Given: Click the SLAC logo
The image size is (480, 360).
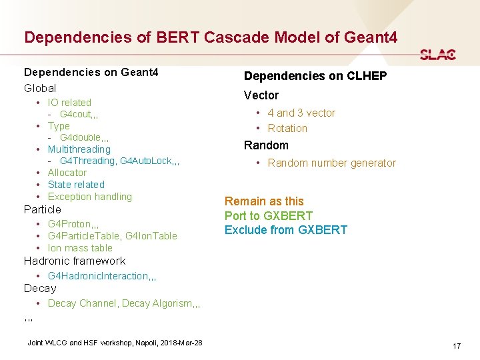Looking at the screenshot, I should point(438,55).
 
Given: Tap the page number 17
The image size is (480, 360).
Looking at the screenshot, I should point(457,346).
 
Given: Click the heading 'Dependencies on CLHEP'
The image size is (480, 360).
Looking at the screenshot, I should point(315,76).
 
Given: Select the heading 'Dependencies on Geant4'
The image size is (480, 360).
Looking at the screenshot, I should point(91,71).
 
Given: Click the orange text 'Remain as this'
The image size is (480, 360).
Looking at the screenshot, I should point(264,201).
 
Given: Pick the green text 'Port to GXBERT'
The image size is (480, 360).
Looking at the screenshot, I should point(268,216).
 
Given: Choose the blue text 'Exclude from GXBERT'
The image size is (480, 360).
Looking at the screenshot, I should point(285,230).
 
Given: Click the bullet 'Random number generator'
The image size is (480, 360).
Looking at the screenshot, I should point(331,163).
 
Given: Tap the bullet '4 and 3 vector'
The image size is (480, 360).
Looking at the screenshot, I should point(301,113).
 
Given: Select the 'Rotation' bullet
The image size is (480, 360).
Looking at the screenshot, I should point(287,129).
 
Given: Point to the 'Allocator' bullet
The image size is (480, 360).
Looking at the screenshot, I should point(67,173).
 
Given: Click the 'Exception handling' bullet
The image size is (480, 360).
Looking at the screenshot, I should point(90,197).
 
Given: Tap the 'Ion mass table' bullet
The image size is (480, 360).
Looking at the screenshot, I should point(80,248).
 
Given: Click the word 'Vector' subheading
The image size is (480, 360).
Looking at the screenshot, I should point(261,95).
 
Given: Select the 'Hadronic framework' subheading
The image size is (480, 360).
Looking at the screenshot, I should point(75,261).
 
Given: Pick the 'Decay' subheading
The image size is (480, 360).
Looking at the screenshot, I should point(40,289).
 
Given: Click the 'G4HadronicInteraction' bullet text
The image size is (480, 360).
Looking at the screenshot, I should point(98,276).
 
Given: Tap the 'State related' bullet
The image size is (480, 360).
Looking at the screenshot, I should point(76,185).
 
